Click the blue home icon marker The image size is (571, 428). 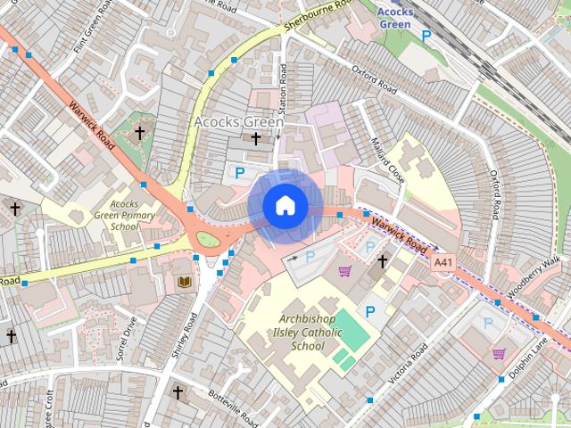click(x=285, y=205)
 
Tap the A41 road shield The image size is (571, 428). click(x=443, y=263)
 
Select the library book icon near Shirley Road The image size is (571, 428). click(x=185, y=282)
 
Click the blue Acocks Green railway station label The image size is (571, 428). click(x=394, y=18)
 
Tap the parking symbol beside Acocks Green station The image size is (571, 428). click(x=426, y=36)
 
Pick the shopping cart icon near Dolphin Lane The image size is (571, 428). click(x=499, y=353)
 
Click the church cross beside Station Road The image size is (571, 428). click(x=256, y=138)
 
